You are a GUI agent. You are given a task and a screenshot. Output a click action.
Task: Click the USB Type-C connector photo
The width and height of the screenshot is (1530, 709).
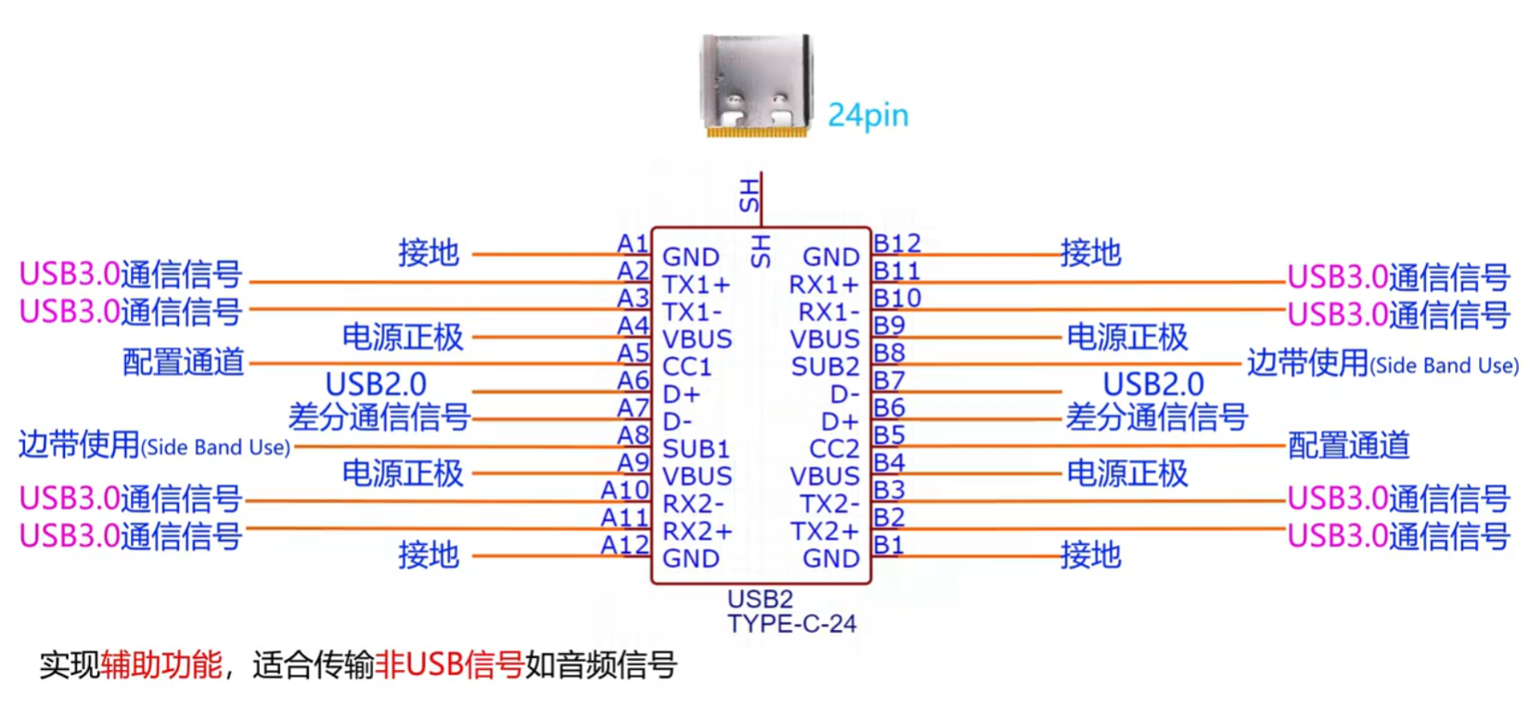[755, 85]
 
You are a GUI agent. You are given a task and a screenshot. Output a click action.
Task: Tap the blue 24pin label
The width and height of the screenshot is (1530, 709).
[868, 115]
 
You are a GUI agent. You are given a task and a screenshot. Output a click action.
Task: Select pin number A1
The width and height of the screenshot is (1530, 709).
[633, 244]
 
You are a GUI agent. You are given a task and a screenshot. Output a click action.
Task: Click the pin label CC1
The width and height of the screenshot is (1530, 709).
[687, 367]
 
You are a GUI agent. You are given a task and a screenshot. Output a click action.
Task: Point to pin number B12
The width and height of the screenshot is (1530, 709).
[896, 243]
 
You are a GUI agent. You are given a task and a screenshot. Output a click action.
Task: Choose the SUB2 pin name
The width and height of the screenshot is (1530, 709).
[825, 367]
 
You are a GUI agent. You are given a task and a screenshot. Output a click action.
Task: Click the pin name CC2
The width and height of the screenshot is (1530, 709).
[834, 449]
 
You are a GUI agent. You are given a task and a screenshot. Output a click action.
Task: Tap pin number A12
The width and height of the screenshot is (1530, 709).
[624, 545]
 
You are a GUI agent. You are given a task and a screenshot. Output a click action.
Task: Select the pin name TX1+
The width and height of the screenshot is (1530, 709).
[696, 285]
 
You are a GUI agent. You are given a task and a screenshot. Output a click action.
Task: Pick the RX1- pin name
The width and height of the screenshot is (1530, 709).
[829, 312]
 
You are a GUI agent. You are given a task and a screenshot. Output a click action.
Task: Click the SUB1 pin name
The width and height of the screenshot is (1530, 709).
[696, 449]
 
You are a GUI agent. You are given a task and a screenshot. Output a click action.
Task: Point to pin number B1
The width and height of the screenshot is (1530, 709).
[888, 545]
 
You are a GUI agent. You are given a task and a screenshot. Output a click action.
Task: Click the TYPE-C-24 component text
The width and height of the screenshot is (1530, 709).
[791, 624]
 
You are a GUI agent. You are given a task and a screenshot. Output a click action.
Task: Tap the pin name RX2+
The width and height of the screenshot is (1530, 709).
[697, 531]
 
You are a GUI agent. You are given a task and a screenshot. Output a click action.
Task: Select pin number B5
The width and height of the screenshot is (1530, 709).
[888, 434]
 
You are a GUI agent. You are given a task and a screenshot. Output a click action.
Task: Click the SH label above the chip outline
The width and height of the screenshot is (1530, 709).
[749, 196]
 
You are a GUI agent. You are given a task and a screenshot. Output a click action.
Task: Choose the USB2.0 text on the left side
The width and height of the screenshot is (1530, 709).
[376, 384]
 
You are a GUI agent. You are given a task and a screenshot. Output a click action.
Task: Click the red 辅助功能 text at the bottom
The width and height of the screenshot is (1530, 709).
[161, 664]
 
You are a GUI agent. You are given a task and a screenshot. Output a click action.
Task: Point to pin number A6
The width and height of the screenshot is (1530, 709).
[633, 380]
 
